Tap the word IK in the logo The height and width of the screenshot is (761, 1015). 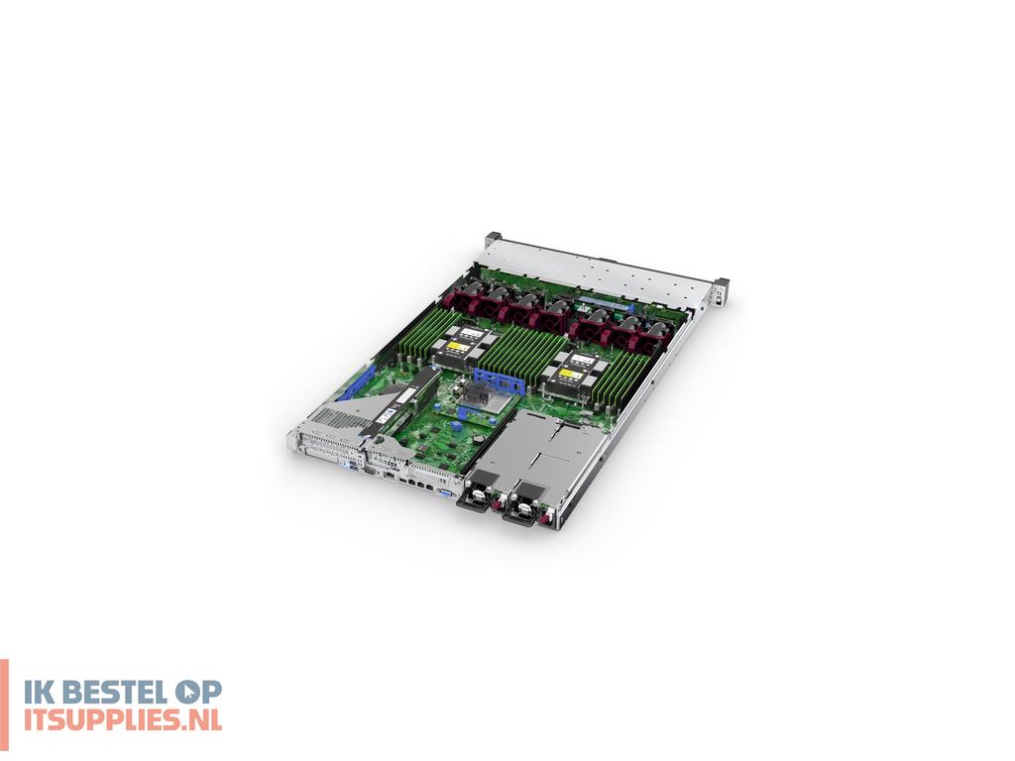(x=34, y=693)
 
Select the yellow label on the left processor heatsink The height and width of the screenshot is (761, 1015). (x=458, y=347)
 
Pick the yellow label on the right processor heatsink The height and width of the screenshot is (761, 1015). (x=569, y=375)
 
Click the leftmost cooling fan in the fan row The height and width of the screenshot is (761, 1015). (x=467, y=296)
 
